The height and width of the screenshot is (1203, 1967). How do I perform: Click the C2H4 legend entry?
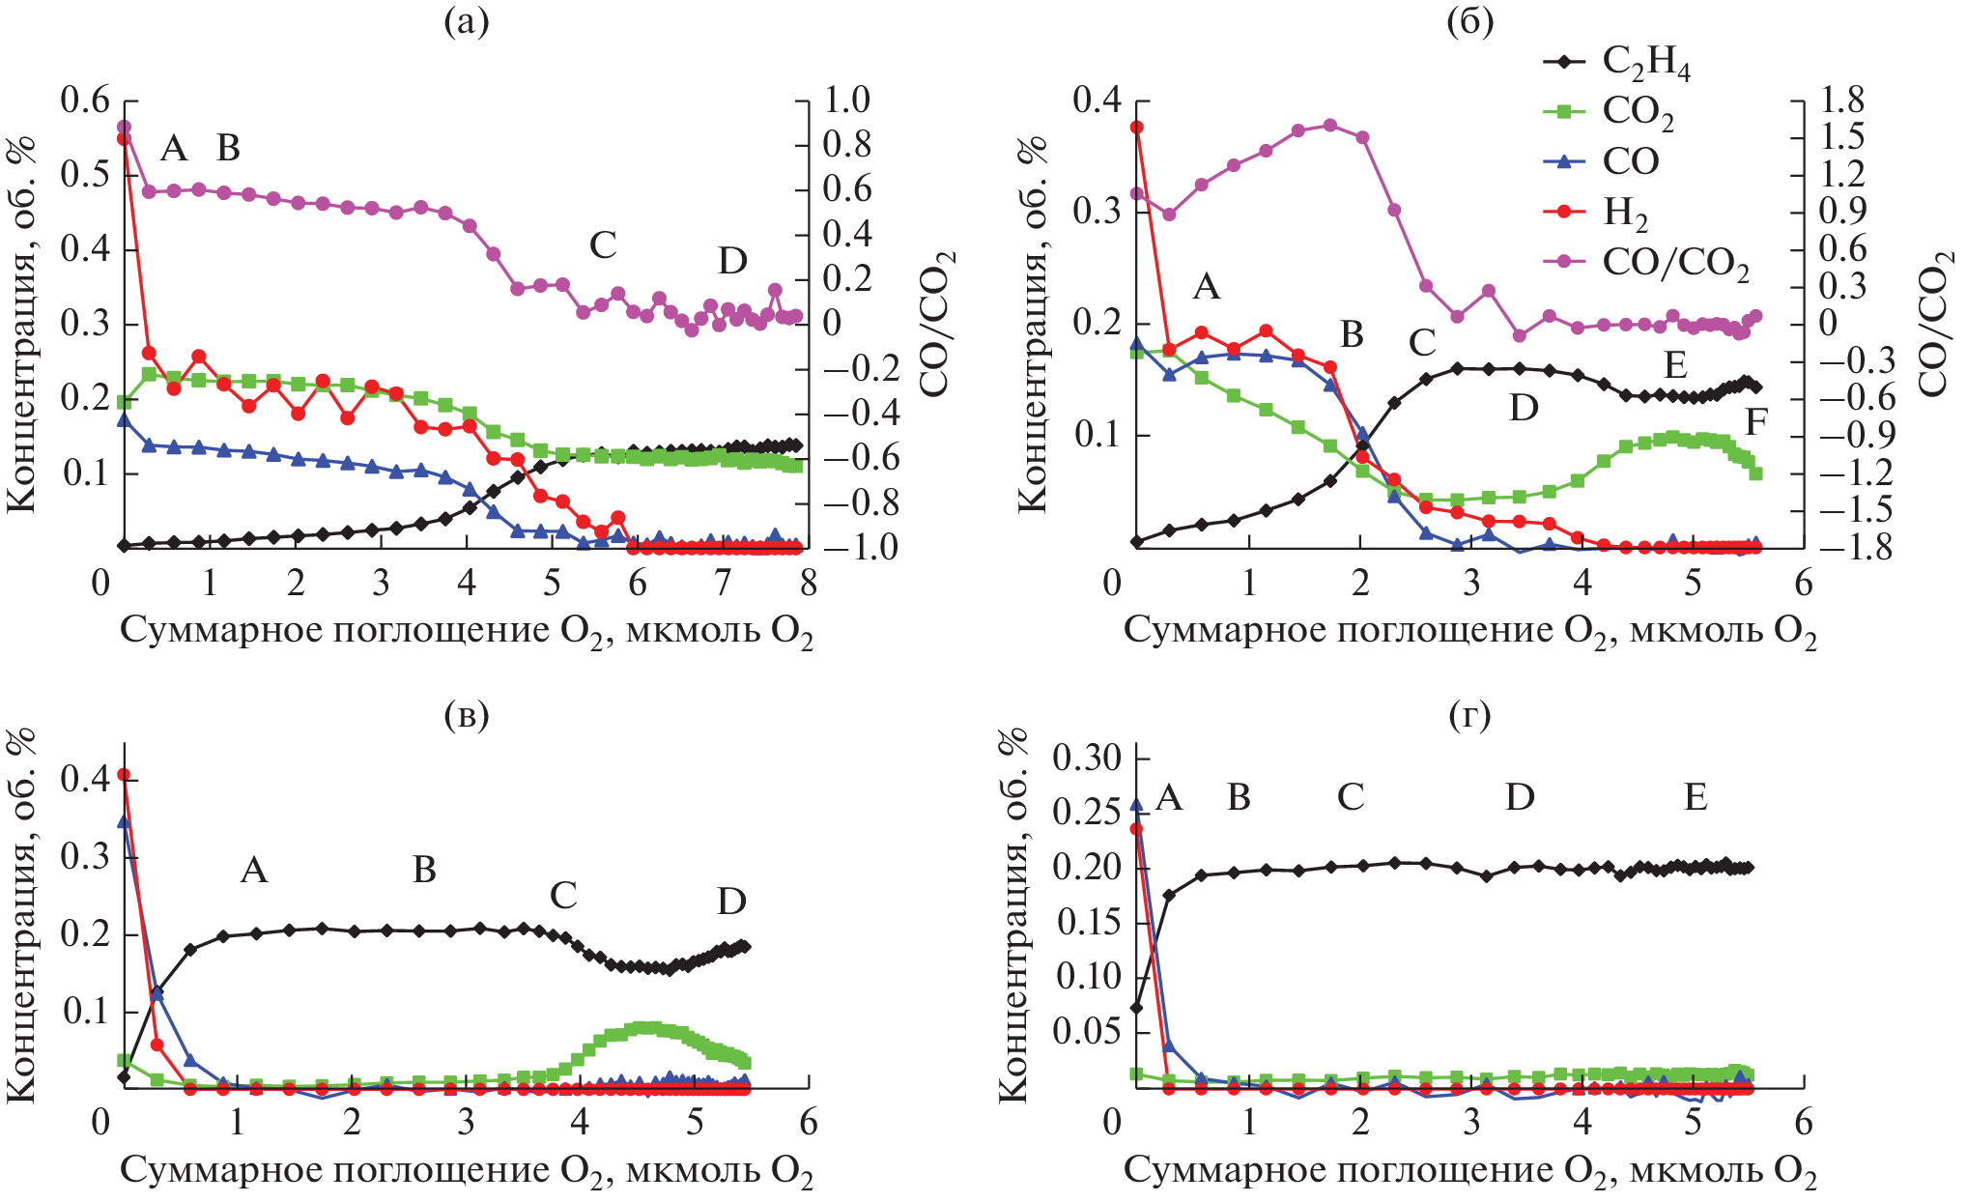pos(1644,62)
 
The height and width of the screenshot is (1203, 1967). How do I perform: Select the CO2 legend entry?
pos(1637,112)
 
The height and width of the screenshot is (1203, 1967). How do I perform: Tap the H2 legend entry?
pos(1625,213)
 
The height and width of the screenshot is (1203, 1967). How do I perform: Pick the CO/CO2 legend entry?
pos(1674,263)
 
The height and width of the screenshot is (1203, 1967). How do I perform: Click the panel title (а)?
pos(466,21)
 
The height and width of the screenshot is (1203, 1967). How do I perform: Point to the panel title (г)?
pos(1469,715)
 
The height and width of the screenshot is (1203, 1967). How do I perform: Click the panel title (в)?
pos(466,715)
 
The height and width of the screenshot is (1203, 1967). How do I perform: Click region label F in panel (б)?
pos(1756,422)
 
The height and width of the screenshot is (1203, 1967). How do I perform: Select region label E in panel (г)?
pos(1696,797)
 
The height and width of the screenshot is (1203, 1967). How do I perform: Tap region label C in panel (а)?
pos(603,245)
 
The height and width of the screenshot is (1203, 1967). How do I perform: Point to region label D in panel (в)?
pos(731,902)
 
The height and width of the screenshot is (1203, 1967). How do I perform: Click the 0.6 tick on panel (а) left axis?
pos(85,100)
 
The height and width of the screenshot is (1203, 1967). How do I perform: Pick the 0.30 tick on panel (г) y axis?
pos(1087,758)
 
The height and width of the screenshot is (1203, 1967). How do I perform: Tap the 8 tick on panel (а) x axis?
pos(808,583)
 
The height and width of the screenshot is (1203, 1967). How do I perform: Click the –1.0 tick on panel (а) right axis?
pos(847,548)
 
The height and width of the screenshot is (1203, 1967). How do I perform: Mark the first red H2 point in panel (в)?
pos(124,774)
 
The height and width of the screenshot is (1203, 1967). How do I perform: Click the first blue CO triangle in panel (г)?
pos(1136,804)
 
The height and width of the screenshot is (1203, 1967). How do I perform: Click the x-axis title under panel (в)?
pos(466,1172)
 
